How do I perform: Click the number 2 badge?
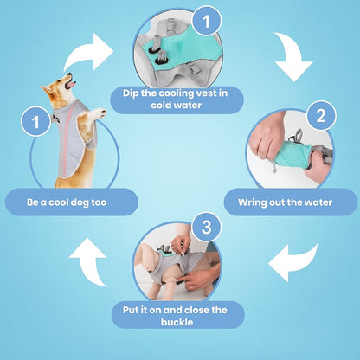click(321, 115)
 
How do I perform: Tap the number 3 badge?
click(207, 227)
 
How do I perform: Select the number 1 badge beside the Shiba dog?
click(35, 121)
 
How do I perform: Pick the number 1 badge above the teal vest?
click(207, 21)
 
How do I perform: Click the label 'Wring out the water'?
click(285, 202)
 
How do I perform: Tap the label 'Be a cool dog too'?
click(67, 202)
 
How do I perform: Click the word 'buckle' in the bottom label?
click(177, 322)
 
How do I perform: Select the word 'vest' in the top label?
click(207, 93)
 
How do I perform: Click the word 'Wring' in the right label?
click(253, 202)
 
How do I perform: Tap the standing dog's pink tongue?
click(71, 85)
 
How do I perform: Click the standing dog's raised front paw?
click(100, 113)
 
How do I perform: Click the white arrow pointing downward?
click(292, 58)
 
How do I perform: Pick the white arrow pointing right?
click(89, 52)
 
